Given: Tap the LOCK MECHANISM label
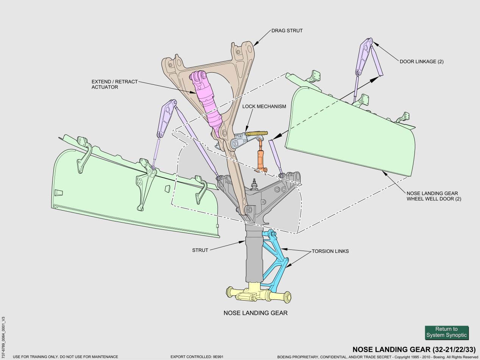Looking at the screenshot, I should click(x=264, y=107).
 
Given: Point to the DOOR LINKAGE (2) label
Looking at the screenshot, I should click(x=421, y=62).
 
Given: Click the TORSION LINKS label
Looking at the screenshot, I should click(x=330, y=251).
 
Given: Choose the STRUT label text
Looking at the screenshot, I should click(x=200, y=250).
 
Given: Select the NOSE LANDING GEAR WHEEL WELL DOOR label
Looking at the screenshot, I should click(x=434, y=196).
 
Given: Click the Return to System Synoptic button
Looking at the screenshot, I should click(x=446, y=332).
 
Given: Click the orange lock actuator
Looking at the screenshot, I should click(x=260, y=159).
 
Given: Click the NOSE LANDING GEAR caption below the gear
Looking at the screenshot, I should click(x=256, y=313).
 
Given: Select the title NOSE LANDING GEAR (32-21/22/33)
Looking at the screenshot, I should click(x=414, y=349).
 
